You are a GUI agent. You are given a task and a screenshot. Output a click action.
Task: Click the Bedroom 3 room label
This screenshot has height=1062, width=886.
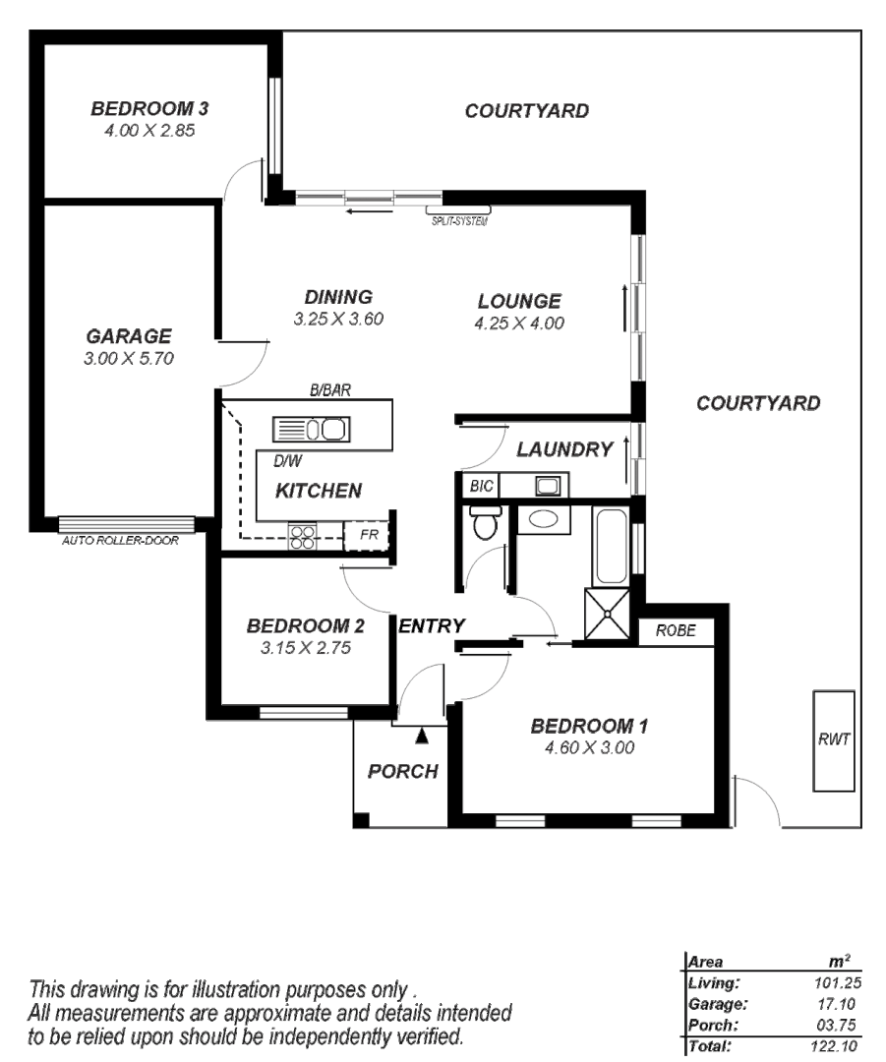pyautogui.click(x=148, y=108)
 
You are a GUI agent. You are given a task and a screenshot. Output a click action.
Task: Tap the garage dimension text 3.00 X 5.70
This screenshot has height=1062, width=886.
pyautogui.click(x=129, y=359)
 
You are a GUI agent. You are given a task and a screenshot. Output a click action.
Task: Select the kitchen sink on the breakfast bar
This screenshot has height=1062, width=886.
pyautogui.click(x=310, y=430)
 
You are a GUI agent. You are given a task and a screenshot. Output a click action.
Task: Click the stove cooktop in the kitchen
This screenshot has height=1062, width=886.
pyautogui.click(x=302, y=536)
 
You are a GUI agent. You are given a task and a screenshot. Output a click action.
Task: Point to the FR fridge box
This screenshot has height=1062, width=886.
pyautogui.click(x=367, y=536)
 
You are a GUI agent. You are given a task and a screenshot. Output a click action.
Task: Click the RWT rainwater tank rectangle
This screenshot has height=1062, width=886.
pyautogui.click(x=833, y=740)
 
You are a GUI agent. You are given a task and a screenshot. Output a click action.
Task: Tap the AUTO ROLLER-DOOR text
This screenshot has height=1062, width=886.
pyautogui.click(x=120, y=540)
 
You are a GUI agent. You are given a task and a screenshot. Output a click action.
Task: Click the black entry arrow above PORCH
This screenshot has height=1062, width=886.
pyautogui.click(x=422, y=734)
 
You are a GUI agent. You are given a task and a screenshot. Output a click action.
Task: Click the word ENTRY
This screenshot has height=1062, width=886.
pyautogui.click(x=432, y=625)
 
